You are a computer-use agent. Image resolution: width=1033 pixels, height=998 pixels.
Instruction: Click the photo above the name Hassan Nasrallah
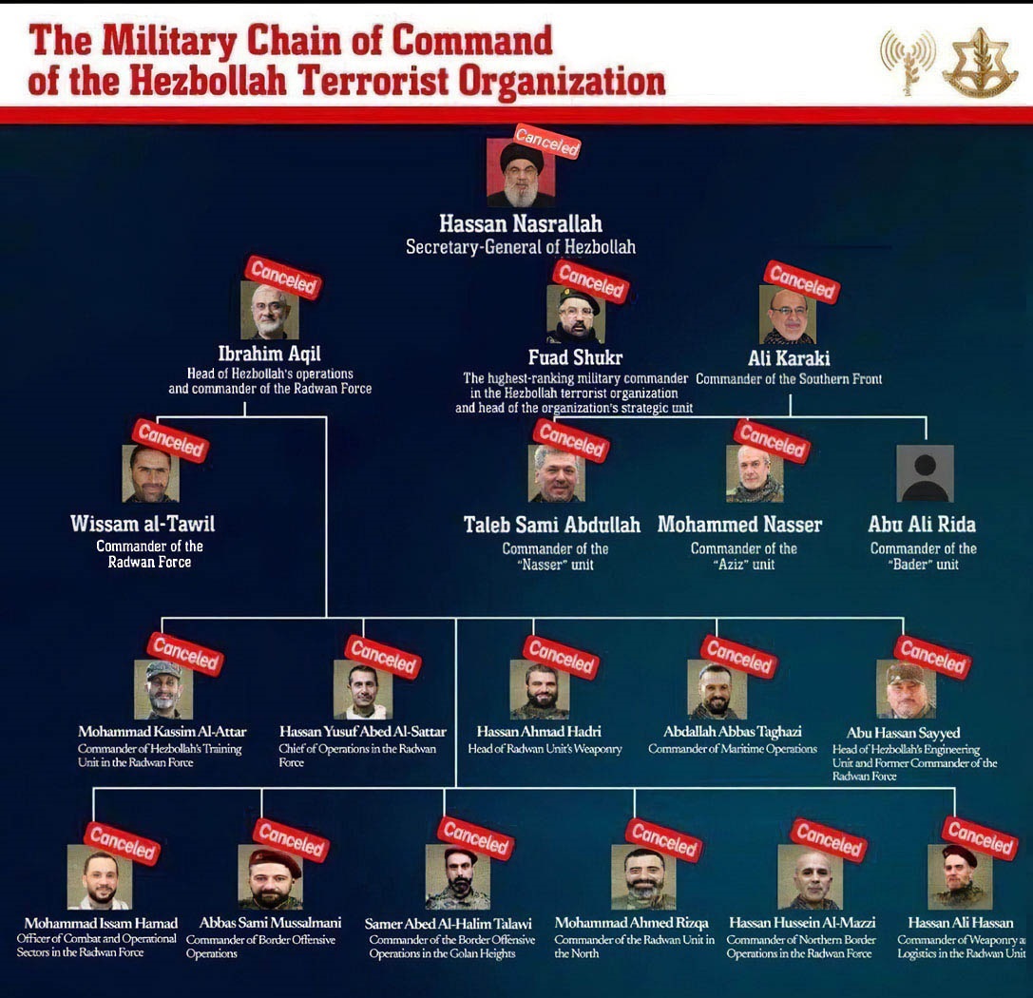pyautogui.click(x=521, y=172)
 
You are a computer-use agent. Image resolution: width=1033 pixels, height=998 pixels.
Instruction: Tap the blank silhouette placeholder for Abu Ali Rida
pyautogui.click(x=925, y=473)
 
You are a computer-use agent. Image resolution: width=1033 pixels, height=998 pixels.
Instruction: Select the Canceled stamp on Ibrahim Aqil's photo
pyautogui.click(x=283, y=278)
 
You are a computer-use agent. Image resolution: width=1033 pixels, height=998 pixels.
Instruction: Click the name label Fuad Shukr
pyautogui.click(x=575, y=357)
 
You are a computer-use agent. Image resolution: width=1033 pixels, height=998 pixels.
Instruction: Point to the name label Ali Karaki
pyautogui.click(x=789, y=358)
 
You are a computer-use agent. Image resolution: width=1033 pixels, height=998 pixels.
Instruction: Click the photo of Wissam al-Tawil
pyautogui.click(x=150, y=473)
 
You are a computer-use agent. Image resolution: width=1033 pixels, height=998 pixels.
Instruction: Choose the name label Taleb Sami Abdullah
pyautogui.click(x=552, y=525)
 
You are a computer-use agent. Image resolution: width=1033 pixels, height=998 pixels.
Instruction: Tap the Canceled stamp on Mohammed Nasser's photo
pyautogui.click(x=772, y=441)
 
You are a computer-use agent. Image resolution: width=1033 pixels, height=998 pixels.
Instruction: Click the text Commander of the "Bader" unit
pyautogui.click(x=923, y=556)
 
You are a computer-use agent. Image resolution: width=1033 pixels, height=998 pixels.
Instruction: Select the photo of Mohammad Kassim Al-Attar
pyautogui.click(x=163, y=689)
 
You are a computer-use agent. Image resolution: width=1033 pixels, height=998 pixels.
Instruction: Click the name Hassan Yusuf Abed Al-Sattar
pyautogui.click(x=363, y=731)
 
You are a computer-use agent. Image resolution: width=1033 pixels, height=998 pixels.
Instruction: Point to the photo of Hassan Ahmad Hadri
pyautogui.click(x=539, y=689)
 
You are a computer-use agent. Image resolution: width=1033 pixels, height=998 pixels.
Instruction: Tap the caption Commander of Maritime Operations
pyautogui.click(x=733, y=749)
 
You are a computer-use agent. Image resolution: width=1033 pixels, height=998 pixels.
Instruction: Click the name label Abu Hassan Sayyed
pyautogui.click(x=903, y=733)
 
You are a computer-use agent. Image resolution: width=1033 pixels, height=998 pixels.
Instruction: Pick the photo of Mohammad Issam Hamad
pyautogui.click(x=100, y=876)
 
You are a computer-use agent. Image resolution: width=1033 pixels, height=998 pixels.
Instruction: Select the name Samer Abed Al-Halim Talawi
pyautogui.click(x=448, y=924)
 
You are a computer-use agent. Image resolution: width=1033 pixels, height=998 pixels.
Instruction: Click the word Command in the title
pyautogui.click(x=472, y=41)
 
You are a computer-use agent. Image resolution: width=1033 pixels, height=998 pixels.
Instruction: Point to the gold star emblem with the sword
pyautogui.click(x=981, y=64)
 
